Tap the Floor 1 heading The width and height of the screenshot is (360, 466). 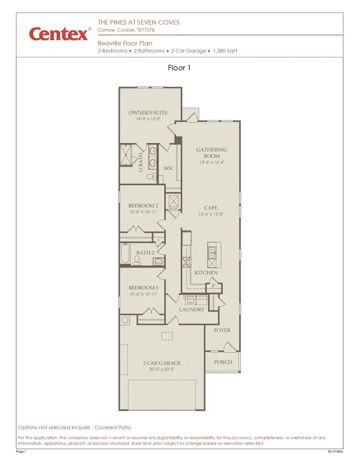pos(180,68)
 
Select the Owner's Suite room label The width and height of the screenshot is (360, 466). pos(148,113)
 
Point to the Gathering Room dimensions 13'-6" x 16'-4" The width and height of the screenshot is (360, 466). pos(211,163)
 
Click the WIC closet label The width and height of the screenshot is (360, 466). pos(169,168)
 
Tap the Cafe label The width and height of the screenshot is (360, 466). pos(211,208)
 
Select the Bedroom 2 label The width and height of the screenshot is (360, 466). pos(143,206)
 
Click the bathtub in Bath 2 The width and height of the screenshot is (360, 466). pos(125,253)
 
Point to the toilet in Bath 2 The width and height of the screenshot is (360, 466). pos(137,260)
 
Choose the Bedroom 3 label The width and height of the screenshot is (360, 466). pos(143,288)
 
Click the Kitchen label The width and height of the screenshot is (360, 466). pos(206,273)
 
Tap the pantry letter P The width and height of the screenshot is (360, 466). pos(214,286)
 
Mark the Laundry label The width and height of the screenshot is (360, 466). pos(192,310)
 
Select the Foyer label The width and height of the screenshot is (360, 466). pos(222,330)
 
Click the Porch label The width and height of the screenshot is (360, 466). pos(223,362)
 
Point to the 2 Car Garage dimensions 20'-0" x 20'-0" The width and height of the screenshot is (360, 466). pos(162,369)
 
